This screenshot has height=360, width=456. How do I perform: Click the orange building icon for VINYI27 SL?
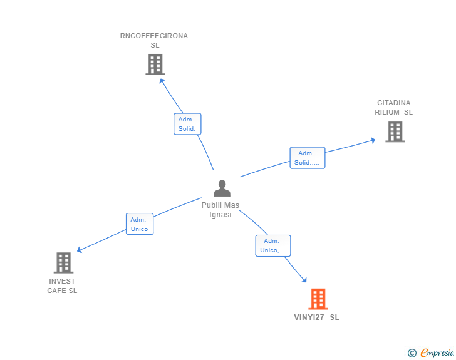pyautogui.click(x=318, y=299)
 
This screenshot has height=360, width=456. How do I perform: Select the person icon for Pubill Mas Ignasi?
pyautogui.click(x=222, y=188)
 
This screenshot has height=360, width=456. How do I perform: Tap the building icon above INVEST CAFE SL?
pyautogui.click(x=63, y=263)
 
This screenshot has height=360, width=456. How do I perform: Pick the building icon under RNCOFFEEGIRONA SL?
pyautogui.click(x=155, y=64)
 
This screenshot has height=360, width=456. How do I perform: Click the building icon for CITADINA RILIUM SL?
pyautogui.click(x=395, y=131)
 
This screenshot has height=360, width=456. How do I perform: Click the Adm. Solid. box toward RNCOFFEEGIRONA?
pyautogui.click(x=187, y=124)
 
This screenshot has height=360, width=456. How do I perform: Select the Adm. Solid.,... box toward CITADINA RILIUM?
pyautogui.click(x=307, y=158)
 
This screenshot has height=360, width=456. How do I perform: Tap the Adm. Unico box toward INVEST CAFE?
pyautogui.click(x=139, y=224)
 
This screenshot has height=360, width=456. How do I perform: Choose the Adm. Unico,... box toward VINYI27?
pyautogui.click(x=272, y=245)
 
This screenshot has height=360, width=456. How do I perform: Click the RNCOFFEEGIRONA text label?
pyautogui.click(x=154, y=36)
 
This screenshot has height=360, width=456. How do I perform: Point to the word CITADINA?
pyautogui.click(x=394, y=103)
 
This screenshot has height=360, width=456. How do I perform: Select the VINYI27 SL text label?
pyautogui.click(x=317, y=317)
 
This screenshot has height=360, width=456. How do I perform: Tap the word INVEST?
pyautogui.click(x=62, y=281)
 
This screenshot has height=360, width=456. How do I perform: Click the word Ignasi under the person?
pyautogui.click(x=220, y=215)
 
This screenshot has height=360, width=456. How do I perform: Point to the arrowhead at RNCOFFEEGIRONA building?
pyautogui.click(x=162, y=81)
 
